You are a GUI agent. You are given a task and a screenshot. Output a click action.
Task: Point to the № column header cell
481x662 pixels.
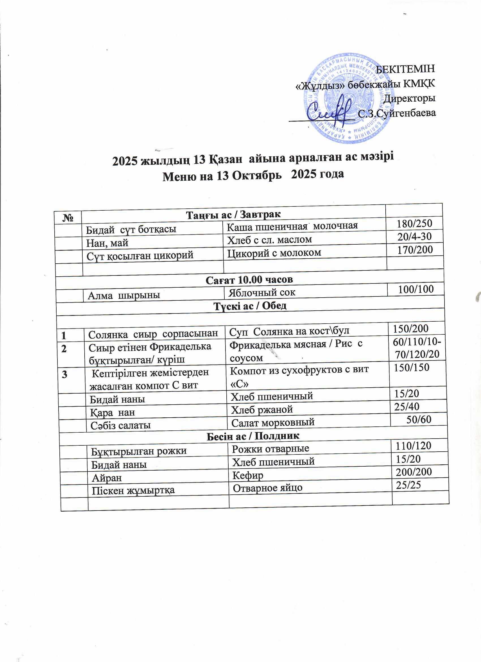coord(68,218)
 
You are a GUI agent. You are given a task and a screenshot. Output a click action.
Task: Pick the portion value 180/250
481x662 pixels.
coord(414,223)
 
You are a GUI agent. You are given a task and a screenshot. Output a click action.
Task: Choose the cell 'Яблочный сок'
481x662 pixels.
coord(262,292)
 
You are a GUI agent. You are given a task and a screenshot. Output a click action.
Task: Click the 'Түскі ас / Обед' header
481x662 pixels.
coord(250,306)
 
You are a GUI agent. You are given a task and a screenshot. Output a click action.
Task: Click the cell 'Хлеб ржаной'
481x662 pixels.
coord(262,409)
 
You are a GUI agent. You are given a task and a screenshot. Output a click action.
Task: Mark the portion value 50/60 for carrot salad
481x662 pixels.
coord(419,419)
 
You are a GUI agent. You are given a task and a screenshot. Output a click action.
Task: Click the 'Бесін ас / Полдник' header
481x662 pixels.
coord(253,436)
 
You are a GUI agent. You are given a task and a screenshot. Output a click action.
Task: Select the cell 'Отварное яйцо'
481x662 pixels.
coord(267,488)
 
